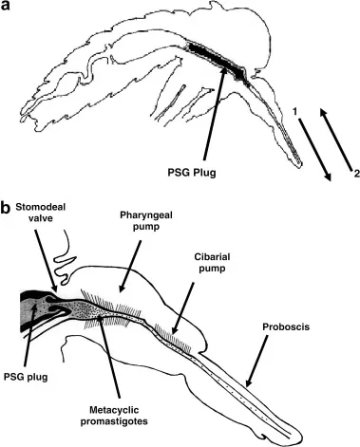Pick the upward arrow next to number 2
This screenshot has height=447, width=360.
tap(335, 142)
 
